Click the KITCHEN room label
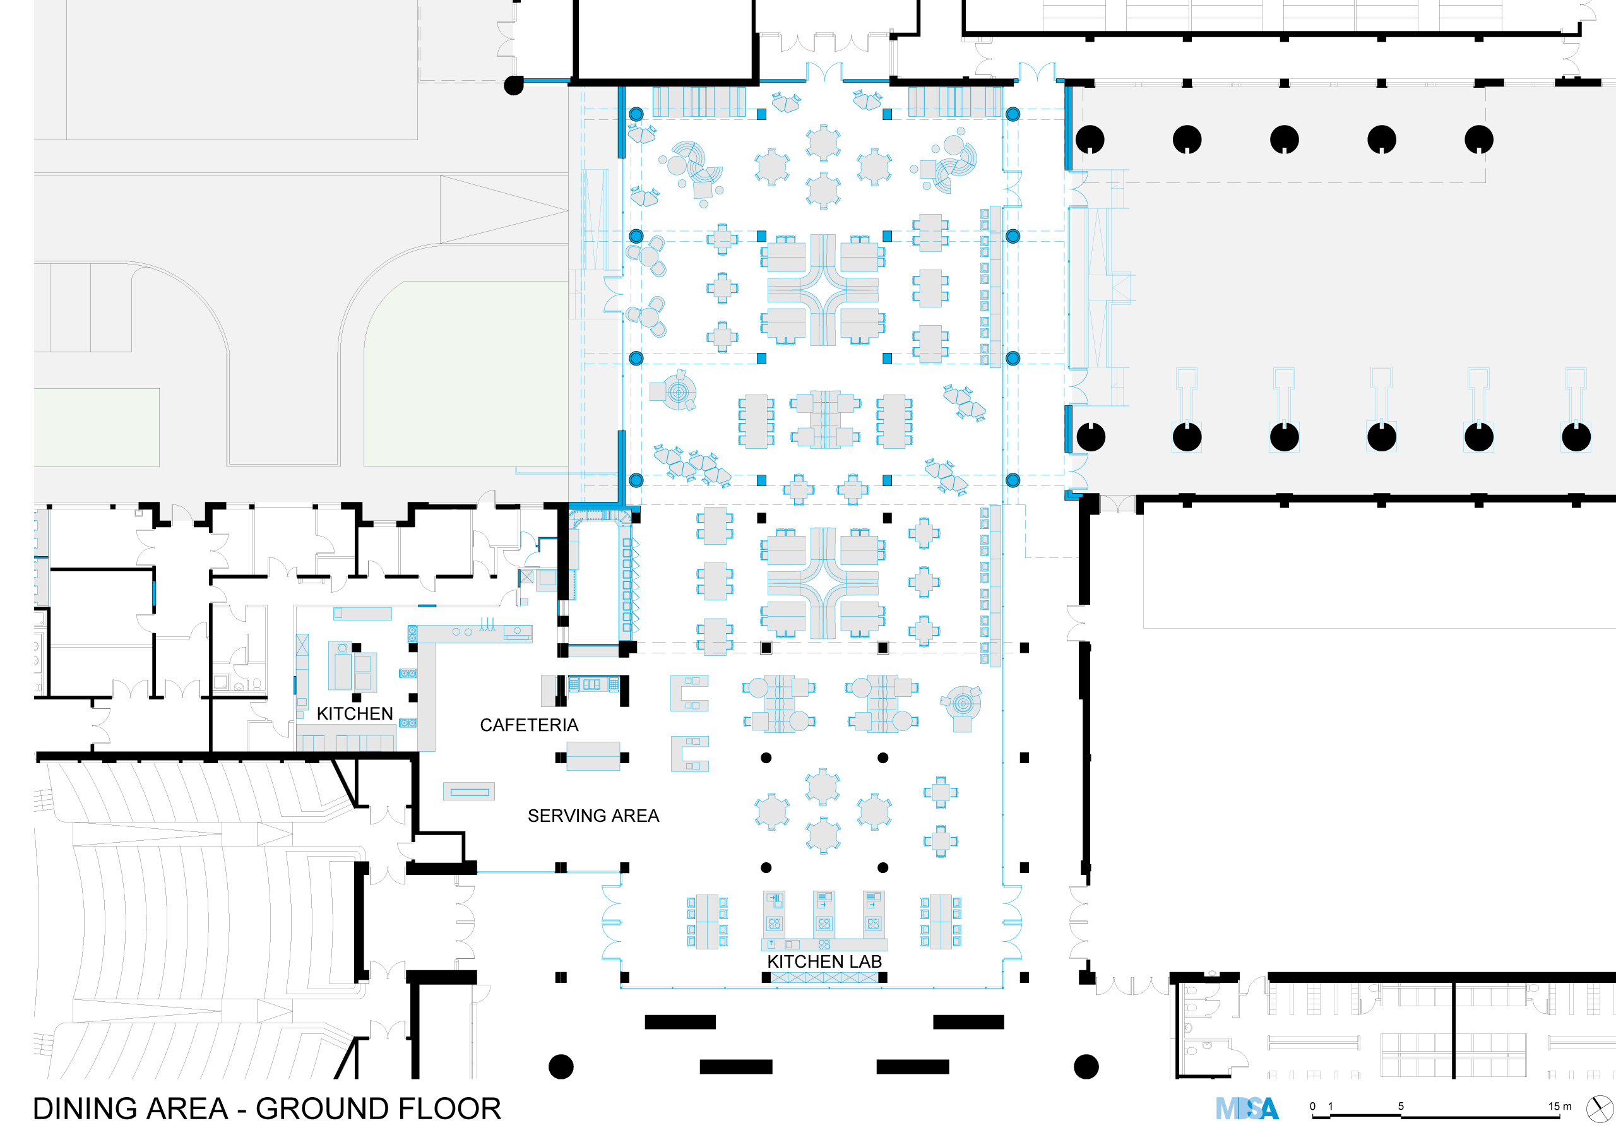tap(355, 713)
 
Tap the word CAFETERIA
tap(529, 725)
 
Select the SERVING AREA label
tap(593, 816)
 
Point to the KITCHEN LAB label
tap(824, 961)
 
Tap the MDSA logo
tap(1247, 1109)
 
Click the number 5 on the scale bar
tap(1401, 1106)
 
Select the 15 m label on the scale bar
tap(1560, 1106)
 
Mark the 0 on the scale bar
tap(1312, 1106)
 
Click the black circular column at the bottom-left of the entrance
tap(561, 1067)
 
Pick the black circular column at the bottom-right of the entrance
tap(1086, 1067)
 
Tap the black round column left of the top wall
tap(514, 86)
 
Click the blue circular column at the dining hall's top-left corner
tap(636, 114)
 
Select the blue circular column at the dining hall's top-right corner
tap(1013, 114)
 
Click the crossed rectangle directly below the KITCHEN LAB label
tap(824, 977)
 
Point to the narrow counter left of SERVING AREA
tap(469, 792)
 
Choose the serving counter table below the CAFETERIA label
tap(593, 756)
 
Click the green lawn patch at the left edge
tap(97, 427)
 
